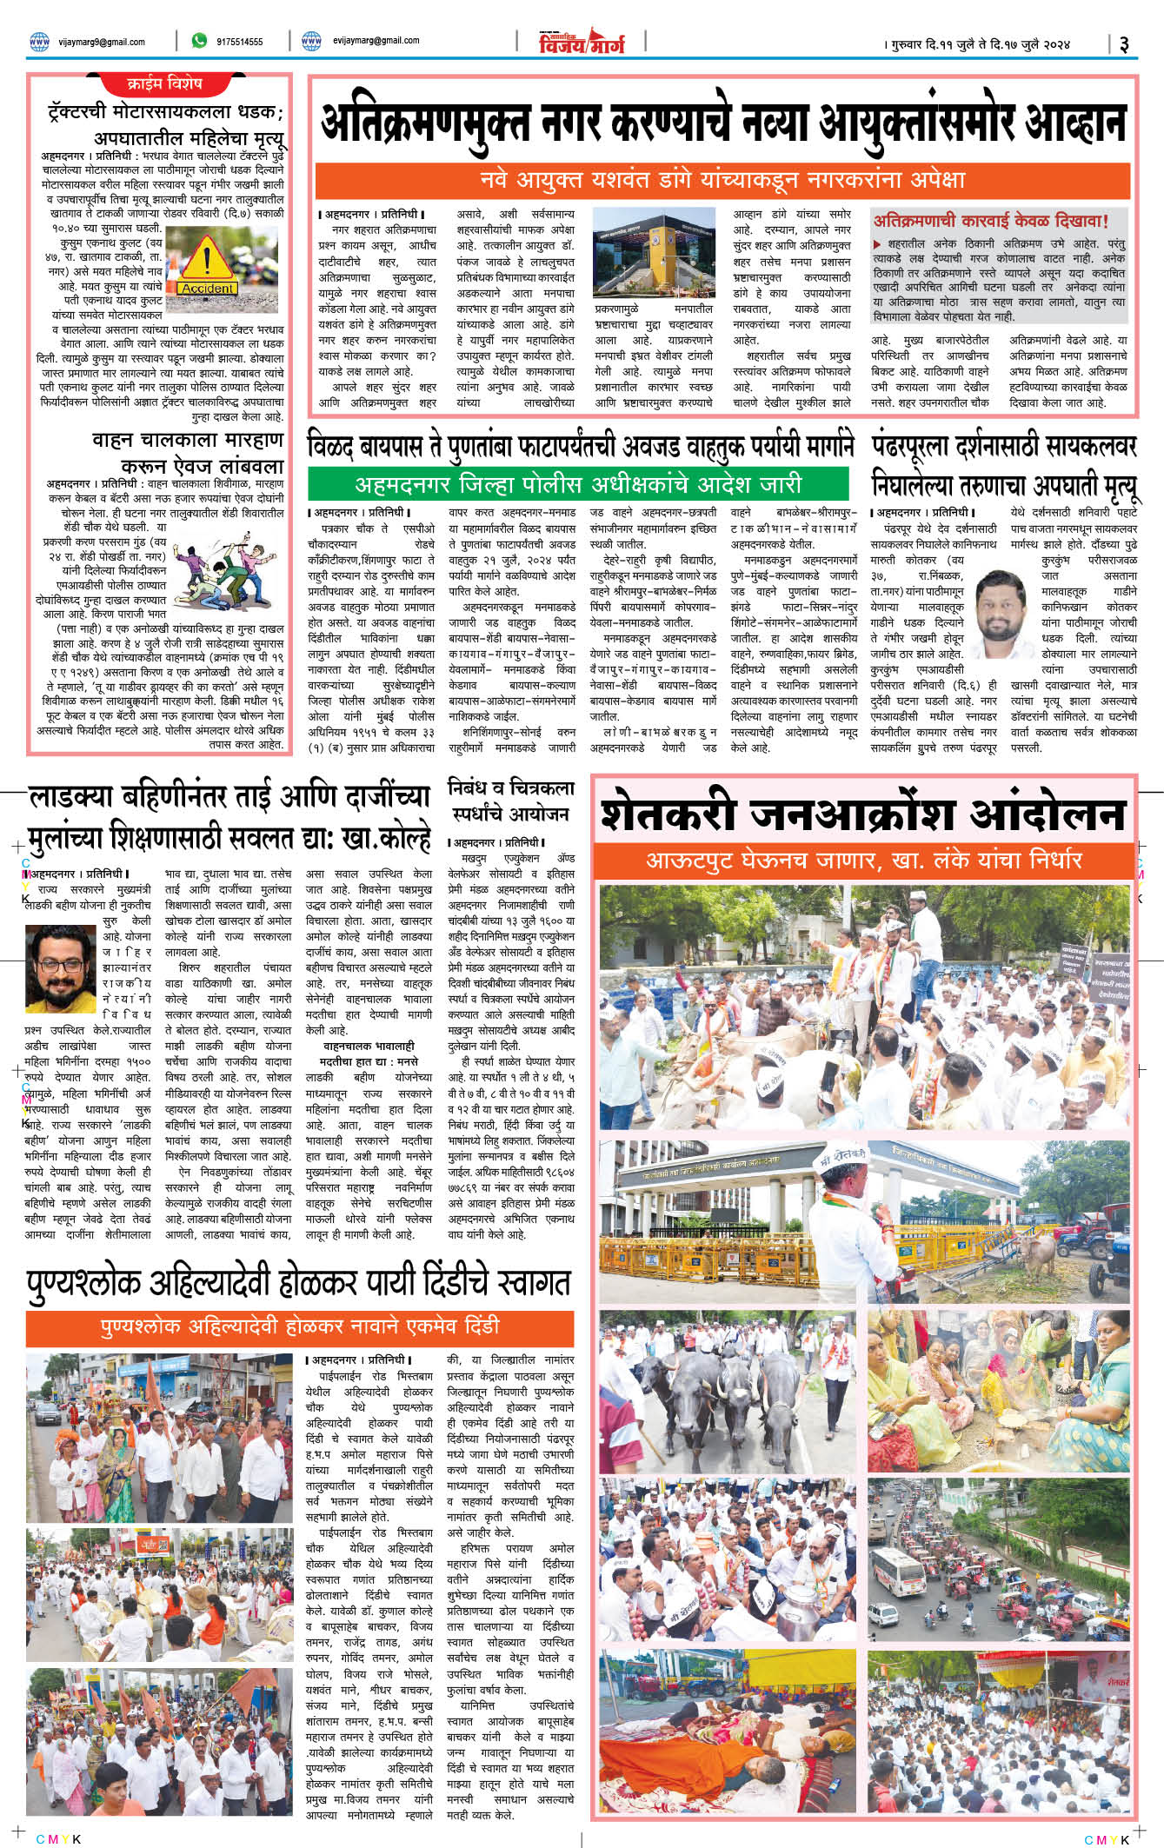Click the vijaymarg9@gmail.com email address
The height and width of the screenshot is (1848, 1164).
101,42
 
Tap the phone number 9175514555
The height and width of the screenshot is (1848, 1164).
239,42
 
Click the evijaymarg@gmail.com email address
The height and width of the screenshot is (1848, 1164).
376,41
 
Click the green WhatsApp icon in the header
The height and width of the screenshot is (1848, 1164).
199,41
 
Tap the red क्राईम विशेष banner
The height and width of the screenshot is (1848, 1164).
164,84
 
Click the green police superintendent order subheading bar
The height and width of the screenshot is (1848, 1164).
578,484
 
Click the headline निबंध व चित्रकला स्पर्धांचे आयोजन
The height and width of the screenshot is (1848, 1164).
510,801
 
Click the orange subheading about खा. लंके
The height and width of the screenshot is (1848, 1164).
863,861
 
